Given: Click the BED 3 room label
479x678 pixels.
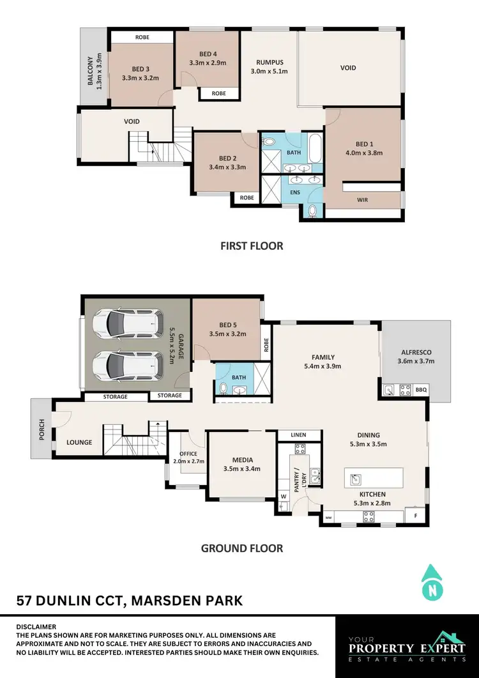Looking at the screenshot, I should tap(141, 69).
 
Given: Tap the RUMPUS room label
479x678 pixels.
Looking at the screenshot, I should tap(269, 62).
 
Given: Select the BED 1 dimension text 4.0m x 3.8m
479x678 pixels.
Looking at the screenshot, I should tap(363, 153).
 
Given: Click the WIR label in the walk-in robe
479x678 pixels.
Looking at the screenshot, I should tap(362, 200).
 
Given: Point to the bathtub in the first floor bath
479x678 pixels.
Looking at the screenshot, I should tap(315, 149).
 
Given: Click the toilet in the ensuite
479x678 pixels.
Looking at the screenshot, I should tap(312, 210).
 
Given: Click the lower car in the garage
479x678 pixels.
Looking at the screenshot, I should tap(125, 366).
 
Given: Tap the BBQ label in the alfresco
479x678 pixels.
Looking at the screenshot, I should tap(420, 389).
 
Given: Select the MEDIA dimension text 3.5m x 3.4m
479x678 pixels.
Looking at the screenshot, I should tap(243, 468).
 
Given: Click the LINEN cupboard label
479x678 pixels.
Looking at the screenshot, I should tap(298, 435).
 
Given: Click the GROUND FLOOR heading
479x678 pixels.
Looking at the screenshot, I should tap(242, 548).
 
